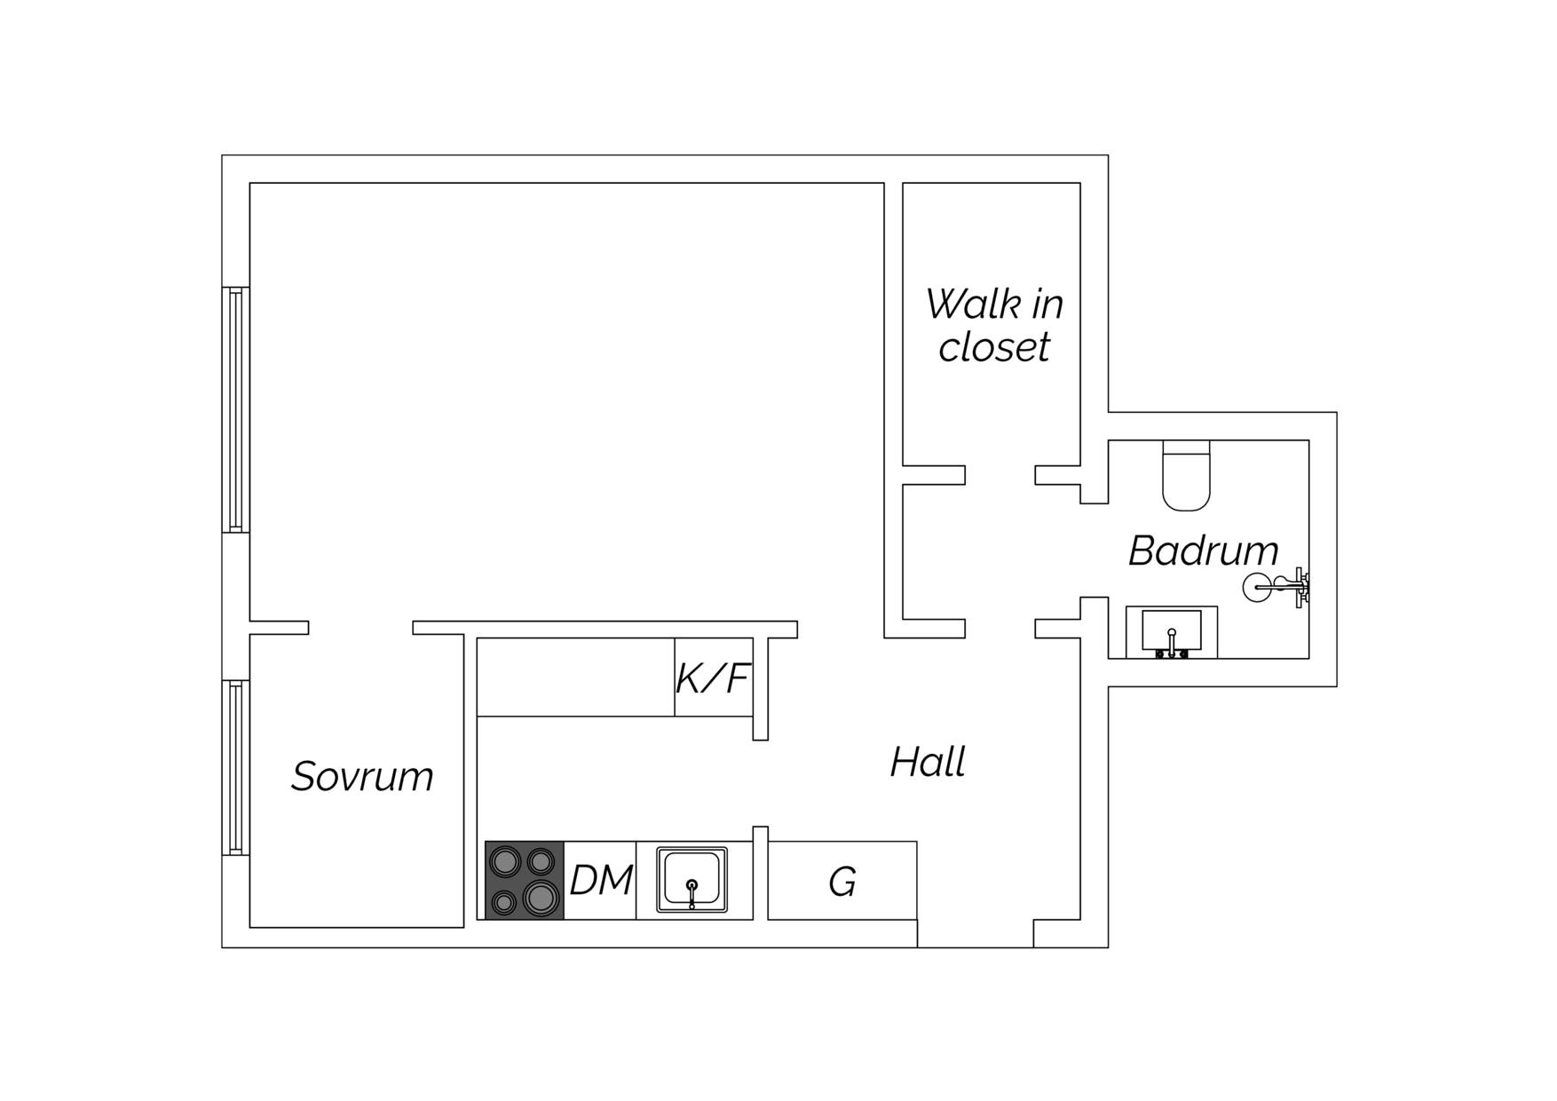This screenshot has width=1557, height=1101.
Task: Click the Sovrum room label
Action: tap(362, 777)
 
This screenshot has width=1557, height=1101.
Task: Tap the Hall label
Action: tap(928, 763)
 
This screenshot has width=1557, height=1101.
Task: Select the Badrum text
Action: tap(1203, 550)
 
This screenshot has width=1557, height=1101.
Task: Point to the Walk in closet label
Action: tap(994, 325)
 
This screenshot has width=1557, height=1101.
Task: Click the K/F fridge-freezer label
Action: tap(713, 678)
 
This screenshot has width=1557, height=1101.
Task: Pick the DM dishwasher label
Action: tap(601, 881)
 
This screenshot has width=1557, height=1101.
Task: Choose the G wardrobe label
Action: tap(842, 882)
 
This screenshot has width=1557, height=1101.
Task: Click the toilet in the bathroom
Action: tap(1186, 476)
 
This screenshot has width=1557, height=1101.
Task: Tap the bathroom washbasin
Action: tap(1172, 632)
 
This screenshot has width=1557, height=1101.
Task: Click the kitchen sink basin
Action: tap(692, 879)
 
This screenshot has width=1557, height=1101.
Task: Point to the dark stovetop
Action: tap(525, 880)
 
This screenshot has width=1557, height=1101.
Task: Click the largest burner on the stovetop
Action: tap(541, 898)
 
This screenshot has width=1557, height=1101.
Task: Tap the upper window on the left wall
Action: tap(235, 409)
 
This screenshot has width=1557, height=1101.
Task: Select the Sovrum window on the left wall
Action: tap(235, 767)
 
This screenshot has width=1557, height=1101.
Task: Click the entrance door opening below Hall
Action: tap(975, 934)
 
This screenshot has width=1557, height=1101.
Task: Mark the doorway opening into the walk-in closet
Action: tap(1000, 475)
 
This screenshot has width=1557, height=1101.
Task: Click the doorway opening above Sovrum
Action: tap(360, 628)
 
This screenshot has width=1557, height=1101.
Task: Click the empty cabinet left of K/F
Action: tap(576, 677)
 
